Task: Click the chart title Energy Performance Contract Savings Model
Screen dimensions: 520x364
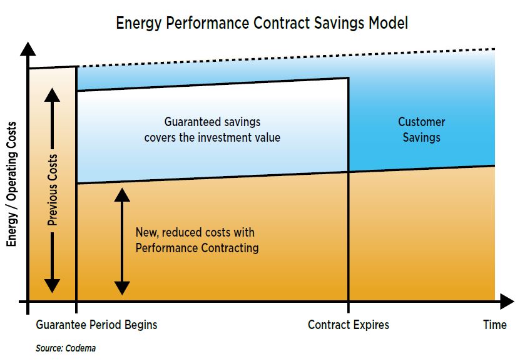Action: click(262, 24)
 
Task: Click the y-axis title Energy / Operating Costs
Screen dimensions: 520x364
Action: click(12, 184)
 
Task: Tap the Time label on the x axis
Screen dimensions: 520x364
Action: click(495, 325)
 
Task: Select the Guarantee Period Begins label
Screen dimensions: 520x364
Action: click(96, 325)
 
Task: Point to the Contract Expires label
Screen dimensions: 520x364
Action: click(348, 325)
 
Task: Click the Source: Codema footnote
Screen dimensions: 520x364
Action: click(66, 348)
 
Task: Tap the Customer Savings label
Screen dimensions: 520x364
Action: click(422, 129)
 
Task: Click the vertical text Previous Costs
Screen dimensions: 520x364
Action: click(53, 190)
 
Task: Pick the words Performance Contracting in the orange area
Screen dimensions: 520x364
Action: click(197, 248)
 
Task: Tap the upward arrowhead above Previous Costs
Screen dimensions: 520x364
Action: click(52, 96)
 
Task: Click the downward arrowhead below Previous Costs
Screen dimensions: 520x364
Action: click(52, 286)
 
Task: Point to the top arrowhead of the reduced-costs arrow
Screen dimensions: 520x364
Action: click(122, 195)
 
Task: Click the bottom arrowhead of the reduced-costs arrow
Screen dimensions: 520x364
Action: click(122, 288)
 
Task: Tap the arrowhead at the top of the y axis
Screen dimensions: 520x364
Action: click(28, 49)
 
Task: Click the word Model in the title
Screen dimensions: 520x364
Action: click(389, 24)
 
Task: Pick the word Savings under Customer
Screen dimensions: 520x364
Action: click(422, 137)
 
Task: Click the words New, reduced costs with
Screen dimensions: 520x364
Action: click(195, 232)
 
